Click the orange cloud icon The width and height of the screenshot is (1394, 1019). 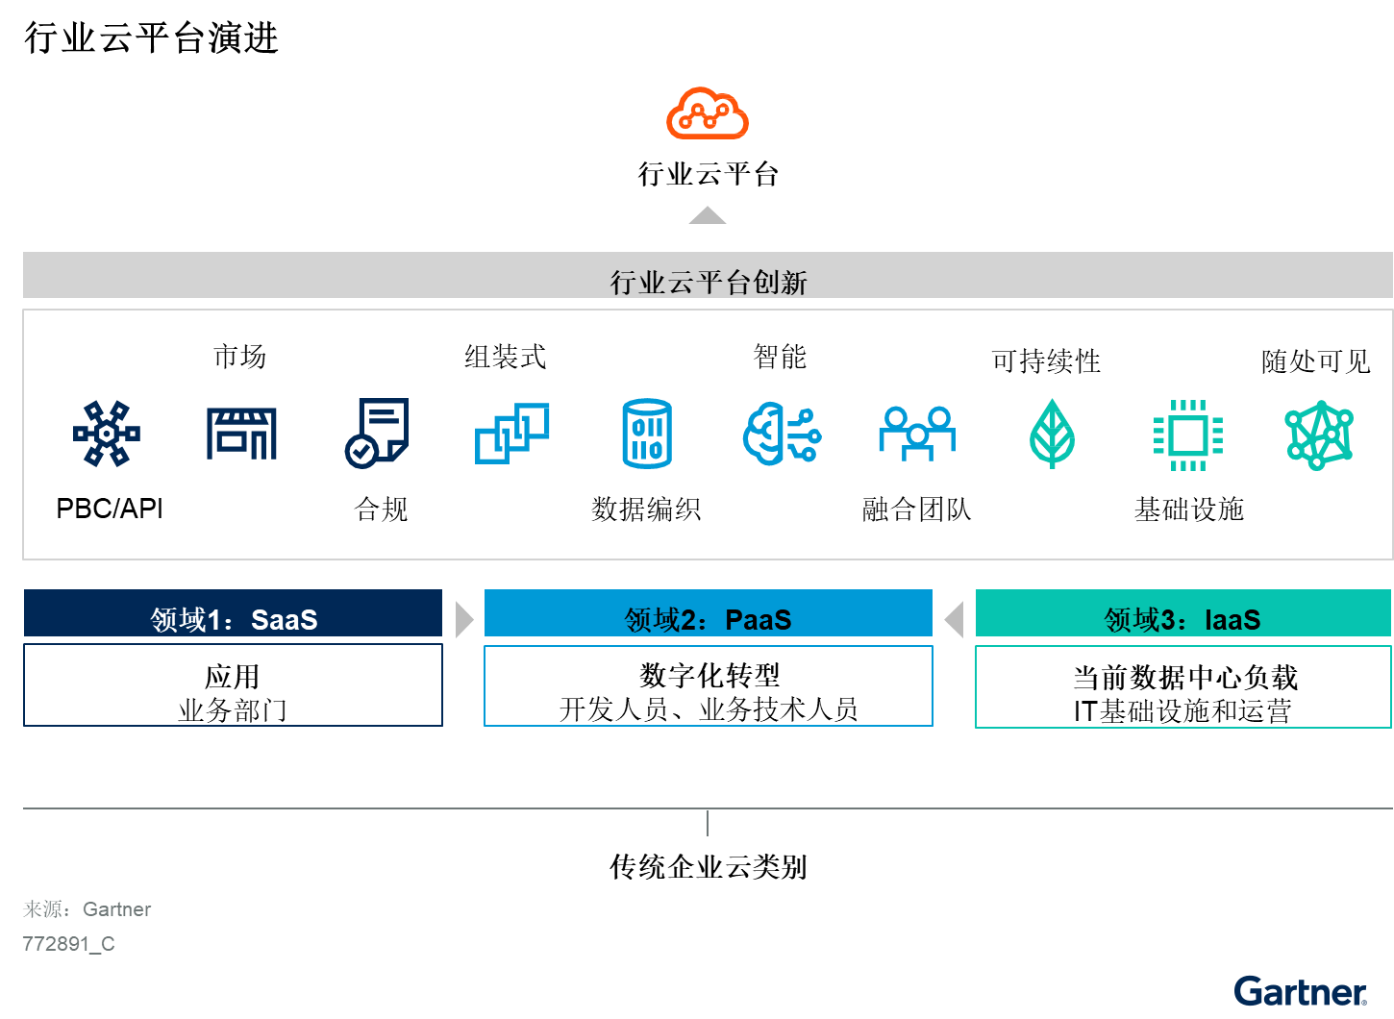(x=708, y=113)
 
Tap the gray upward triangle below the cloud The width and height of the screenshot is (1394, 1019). (x=708, y=216)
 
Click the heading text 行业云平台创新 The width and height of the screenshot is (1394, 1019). (x=709, y=282)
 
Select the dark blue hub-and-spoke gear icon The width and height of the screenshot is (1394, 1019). (x=107, y=434)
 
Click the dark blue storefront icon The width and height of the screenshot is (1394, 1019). (x=241, y=434)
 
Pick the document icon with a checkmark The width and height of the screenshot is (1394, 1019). (x=377, y=434)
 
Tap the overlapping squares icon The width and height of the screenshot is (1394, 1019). (x=512, y=434)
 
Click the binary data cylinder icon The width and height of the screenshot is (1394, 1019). (x=647, y=434)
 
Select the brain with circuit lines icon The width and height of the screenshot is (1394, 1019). (x=782, y=435)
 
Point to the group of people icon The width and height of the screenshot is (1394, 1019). (x=917, y=434)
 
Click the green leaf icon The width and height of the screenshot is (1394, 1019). (x=1052, y=434)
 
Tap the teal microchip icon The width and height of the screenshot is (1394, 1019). (x=1188, y=435)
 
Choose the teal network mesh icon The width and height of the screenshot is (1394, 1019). (x=1319, y=435)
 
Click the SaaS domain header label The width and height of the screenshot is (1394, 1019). (x=234, y=619)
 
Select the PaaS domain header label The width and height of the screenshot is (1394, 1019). (x=709, y=619)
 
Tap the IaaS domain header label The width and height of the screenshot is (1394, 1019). (x=1182, y=619)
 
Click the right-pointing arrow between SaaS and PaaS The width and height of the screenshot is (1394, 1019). (x=464, y=620)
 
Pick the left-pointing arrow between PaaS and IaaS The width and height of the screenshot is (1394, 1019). (x=954, y=620)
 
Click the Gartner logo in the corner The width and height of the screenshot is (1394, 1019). (x=1300, y=991)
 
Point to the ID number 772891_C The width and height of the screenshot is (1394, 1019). (x=68, y=944)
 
